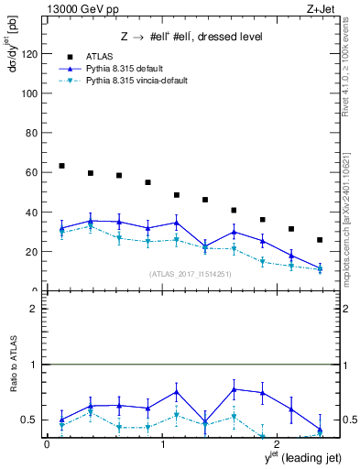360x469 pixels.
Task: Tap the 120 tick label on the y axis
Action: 27,54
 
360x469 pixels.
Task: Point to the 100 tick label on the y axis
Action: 27,93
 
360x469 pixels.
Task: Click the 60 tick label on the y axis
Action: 30,172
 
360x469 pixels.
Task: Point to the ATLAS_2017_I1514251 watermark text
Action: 191,274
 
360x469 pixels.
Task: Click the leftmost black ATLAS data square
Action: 61,166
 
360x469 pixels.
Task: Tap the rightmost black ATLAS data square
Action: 319,240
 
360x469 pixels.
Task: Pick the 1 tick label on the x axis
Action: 162,446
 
